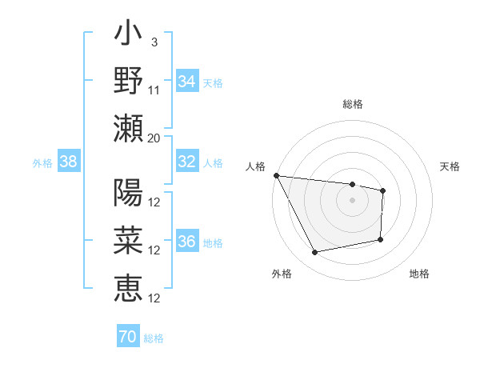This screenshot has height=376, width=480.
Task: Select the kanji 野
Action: [x=129, y=81]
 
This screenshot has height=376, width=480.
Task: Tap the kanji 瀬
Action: [x=129, y=128]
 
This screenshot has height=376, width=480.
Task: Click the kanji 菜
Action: [x=129, y=241]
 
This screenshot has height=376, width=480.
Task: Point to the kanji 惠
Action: [x=129, y=288]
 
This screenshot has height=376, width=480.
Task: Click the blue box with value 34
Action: [x=186, y=81]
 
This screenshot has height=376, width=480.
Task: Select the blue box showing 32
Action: [x=186, y=162]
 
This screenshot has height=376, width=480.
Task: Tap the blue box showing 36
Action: [x=186, y=242]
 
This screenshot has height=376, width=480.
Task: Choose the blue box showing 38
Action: [x=68, y=162]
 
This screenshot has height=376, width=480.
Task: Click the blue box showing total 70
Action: [x=127, y=337]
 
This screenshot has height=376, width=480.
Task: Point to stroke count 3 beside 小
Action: [x=154, y=41]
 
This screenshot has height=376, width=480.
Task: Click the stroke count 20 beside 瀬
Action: [x=154, y=137]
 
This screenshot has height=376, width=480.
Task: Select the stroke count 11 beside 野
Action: [x=154, y=89]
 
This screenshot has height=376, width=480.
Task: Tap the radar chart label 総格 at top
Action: [x=353, y=104]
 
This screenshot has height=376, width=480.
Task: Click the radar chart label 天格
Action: [x=450, y=166]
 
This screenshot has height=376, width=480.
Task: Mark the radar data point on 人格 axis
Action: [x=276, y=175]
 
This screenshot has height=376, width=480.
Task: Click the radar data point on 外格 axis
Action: [x=314, y=253]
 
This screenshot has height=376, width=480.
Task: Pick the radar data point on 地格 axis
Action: [x=381, y=239]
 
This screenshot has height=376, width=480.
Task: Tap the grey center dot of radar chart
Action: [x=353, y=200]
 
